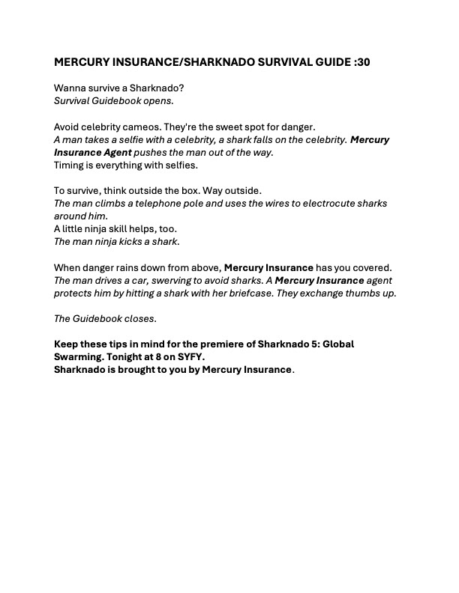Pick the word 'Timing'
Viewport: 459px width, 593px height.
(x=70, y=165)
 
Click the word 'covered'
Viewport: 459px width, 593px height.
(x=372, y=267)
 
